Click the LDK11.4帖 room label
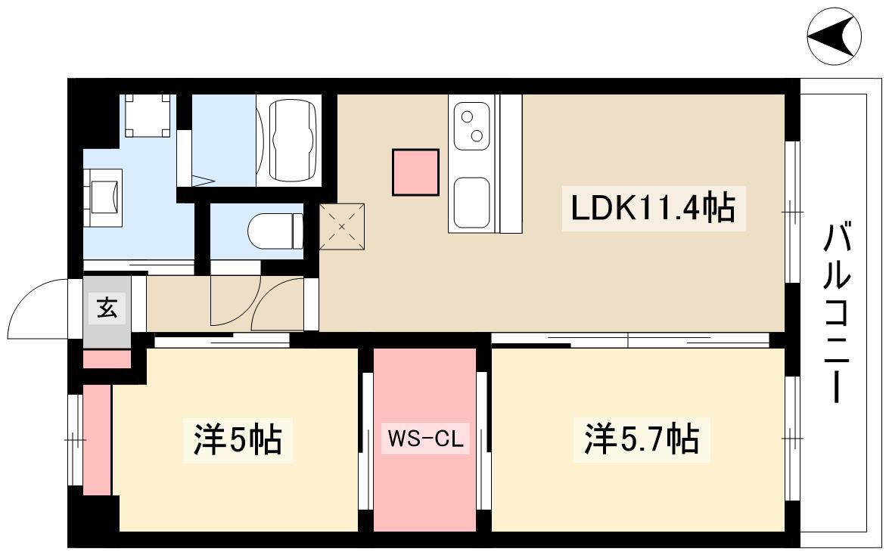(x=653, y=208)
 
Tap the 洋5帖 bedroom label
(x=238, y=439)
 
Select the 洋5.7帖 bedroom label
(x=642, y=439)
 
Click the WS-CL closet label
(x=425, y=439)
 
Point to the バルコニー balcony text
(x=837, y=313)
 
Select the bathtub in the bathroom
(x=293, y=141)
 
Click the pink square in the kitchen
(x=415, y=172)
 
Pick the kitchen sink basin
(x=471, y=201)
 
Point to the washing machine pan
(x=148, y=116)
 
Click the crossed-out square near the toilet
(x=342, y=227)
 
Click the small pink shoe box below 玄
(x=107, y=359)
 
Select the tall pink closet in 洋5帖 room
(x=97, y=440)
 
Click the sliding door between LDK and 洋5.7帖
(x=630, y=340)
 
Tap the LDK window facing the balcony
(x=793, y=212)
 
